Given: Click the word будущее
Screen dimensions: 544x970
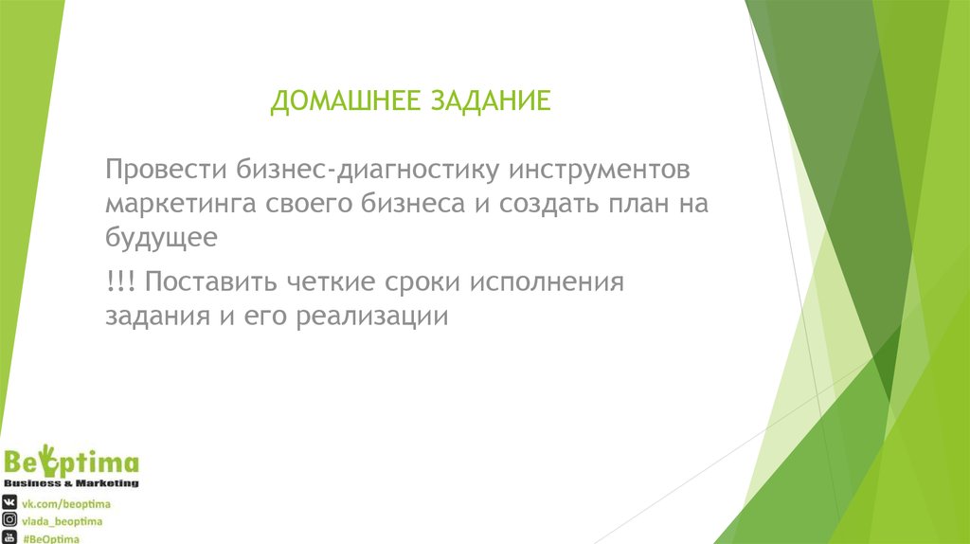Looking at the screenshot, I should tap(162, 238).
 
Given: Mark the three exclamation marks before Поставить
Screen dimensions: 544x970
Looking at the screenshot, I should tap(119, 281).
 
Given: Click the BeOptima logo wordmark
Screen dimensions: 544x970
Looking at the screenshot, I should tap(71, 463).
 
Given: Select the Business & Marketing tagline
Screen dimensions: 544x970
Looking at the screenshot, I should tap(71, 483).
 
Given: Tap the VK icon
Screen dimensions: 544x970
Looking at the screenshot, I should tap(9, 502).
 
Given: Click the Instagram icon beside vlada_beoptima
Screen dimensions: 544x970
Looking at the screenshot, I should tap(9, 520).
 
